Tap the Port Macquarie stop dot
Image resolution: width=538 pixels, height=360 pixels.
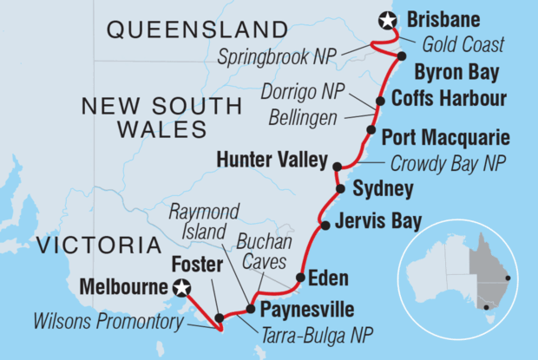coord(371,131)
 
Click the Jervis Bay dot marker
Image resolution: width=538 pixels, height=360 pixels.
coord(325,226)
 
